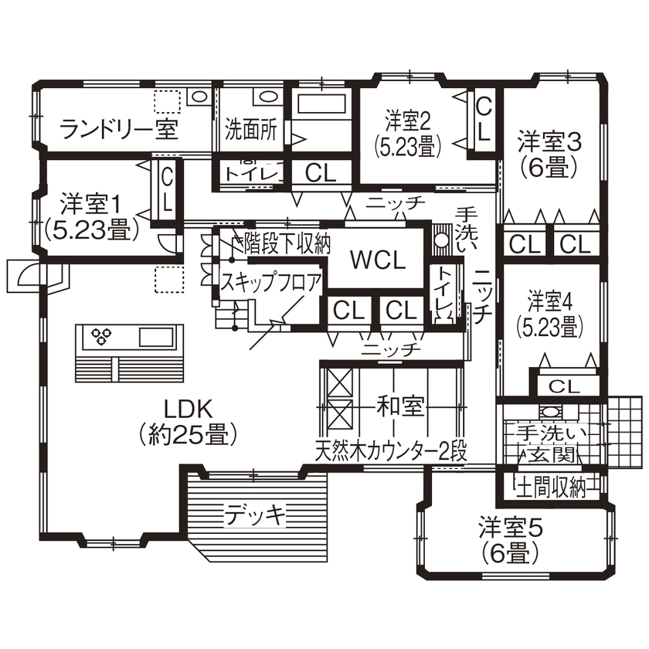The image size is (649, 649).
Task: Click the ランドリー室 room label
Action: point(119,129)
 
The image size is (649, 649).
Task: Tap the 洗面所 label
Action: point(251,129)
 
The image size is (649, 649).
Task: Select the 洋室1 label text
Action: point(91,205)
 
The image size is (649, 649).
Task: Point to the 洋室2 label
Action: point(407,121)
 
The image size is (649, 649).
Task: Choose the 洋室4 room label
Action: point(549,299)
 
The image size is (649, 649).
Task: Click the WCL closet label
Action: point(378,260)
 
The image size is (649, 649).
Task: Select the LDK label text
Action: point(188,407)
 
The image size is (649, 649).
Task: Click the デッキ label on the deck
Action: point(256,512)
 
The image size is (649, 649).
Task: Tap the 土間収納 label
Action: point(550,488)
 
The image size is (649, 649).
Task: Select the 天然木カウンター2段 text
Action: point(391,450)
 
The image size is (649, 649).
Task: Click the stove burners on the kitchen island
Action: point(102,335)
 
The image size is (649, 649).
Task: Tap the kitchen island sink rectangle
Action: point(157,337)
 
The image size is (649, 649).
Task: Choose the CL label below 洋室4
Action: point(564,385)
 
